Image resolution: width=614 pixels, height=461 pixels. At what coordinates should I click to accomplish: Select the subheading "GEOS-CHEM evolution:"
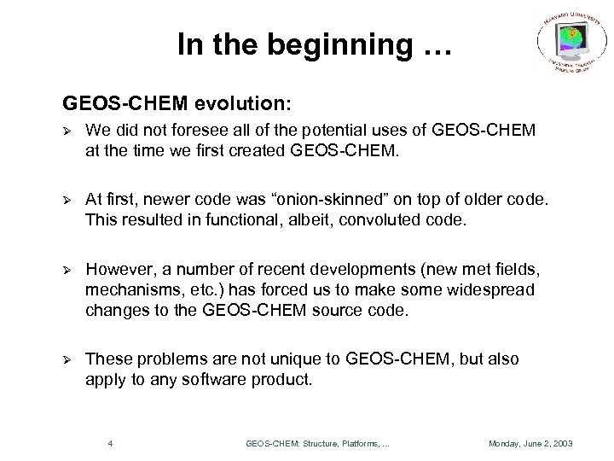click(x=177, y=104)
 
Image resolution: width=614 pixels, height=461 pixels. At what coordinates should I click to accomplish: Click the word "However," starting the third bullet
click(x=119, y=269)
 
